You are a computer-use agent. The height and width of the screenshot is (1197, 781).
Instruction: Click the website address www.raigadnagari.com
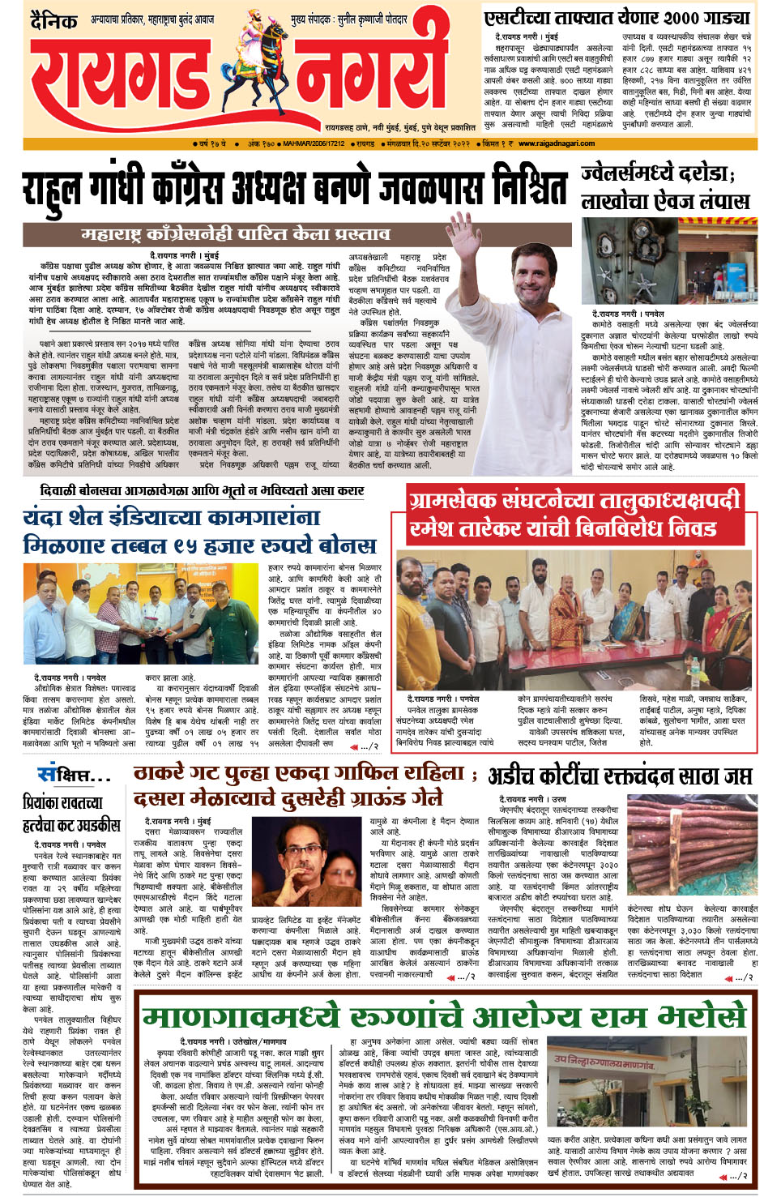pos(557,143)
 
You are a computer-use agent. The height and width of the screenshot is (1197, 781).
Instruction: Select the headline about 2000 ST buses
pos(617,17)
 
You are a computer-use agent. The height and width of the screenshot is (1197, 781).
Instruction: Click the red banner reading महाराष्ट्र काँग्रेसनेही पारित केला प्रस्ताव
pos(236,235)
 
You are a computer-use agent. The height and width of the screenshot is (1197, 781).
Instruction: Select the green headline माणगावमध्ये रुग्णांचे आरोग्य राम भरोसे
pos(442,1016)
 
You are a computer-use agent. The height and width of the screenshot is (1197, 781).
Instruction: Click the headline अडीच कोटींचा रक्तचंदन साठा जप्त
pos(620,776)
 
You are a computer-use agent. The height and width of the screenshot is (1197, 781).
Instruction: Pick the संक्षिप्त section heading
pos(74,775)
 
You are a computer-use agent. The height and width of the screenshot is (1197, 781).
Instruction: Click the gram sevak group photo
pos(573,619)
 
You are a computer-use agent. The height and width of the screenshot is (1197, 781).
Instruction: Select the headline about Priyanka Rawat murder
pos(71,814)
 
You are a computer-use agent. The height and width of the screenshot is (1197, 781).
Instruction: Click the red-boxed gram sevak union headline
pos(574,515)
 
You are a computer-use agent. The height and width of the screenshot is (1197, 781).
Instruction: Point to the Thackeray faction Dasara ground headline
pos(301,786)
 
